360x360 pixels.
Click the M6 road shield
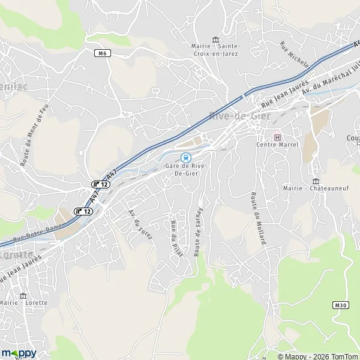point(103,53)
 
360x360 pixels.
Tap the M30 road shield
point(340,305)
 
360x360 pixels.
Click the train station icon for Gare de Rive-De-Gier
point(184,157)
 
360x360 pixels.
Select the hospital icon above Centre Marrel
point(277,137)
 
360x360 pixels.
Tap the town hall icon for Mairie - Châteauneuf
point(316,181)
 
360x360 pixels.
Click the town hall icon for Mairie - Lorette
point(23,296)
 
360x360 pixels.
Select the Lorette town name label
point(17,254)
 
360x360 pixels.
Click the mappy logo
point(19,353)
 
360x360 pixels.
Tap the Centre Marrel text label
point(277,145)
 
